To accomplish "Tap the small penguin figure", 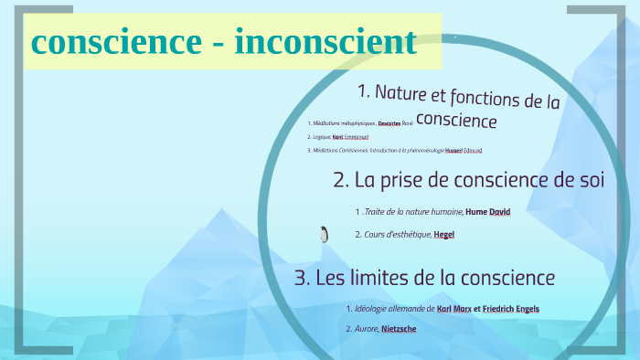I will coord(324,235).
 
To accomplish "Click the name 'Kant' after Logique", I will coord(338,136).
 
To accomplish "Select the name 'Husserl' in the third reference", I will coord(453,150).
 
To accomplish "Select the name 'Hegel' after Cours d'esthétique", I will coord(444,235).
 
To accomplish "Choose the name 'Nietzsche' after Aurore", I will coord(399,328).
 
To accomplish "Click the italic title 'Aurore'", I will coord(366,328).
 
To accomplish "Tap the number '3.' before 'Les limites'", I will coord(303,278).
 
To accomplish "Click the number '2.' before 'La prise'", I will coord(341,180).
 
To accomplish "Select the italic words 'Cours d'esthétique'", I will coord(397,235).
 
